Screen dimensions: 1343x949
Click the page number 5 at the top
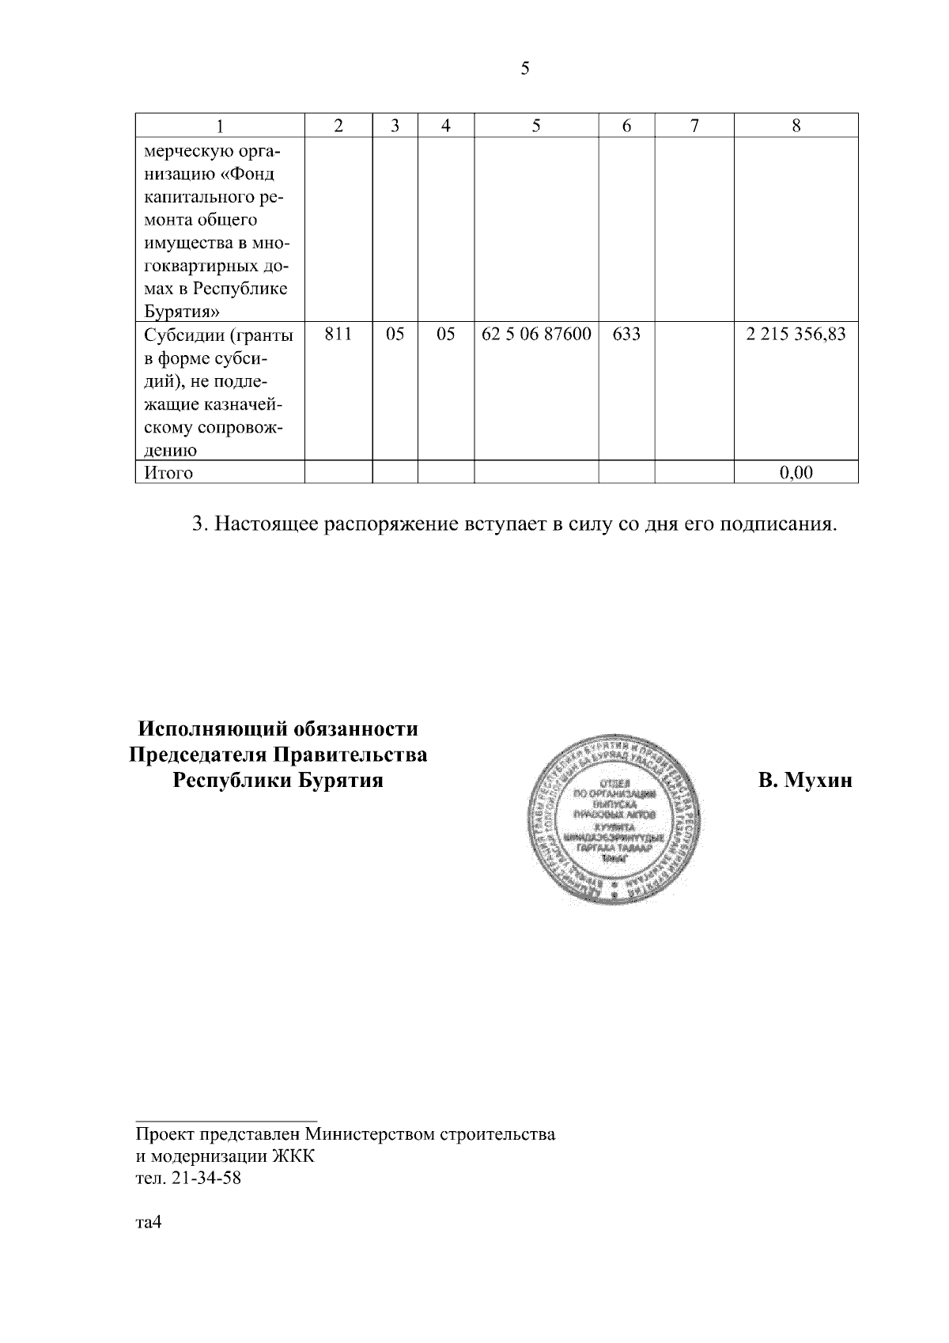click(x=525, y=69)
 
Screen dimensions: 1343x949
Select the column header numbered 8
click(x=796, y=126)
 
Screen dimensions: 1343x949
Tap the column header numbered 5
click(x=536, y=126)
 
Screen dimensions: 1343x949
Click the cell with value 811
click(x=338, y=335)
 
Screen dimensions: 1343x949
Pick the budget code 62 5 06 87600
click(x=536, y=335)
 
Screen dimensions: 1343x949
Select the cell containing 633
click(x=626, y=335)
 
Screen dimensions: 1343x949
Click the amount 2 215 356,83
click(x=796, y=335)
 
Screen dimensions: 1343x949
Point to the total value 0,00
click(x=796, y=473)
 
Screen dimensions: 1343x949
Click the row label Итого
click(x=168, y=473)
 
